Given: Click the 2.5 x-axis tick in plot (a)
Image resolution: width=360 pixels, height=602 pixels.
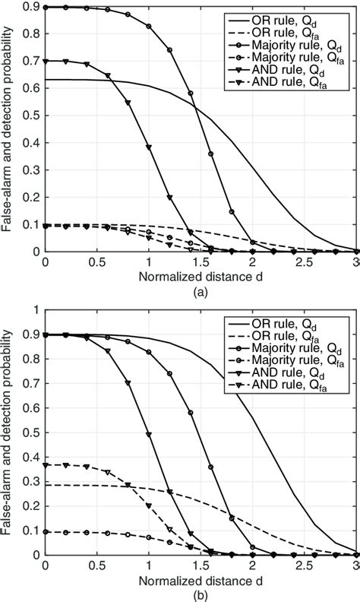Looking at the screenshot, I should [306, 261].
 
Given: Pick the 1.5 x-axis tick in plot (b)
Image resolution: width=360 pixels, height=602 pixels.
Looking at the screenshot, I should [201, 565].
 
